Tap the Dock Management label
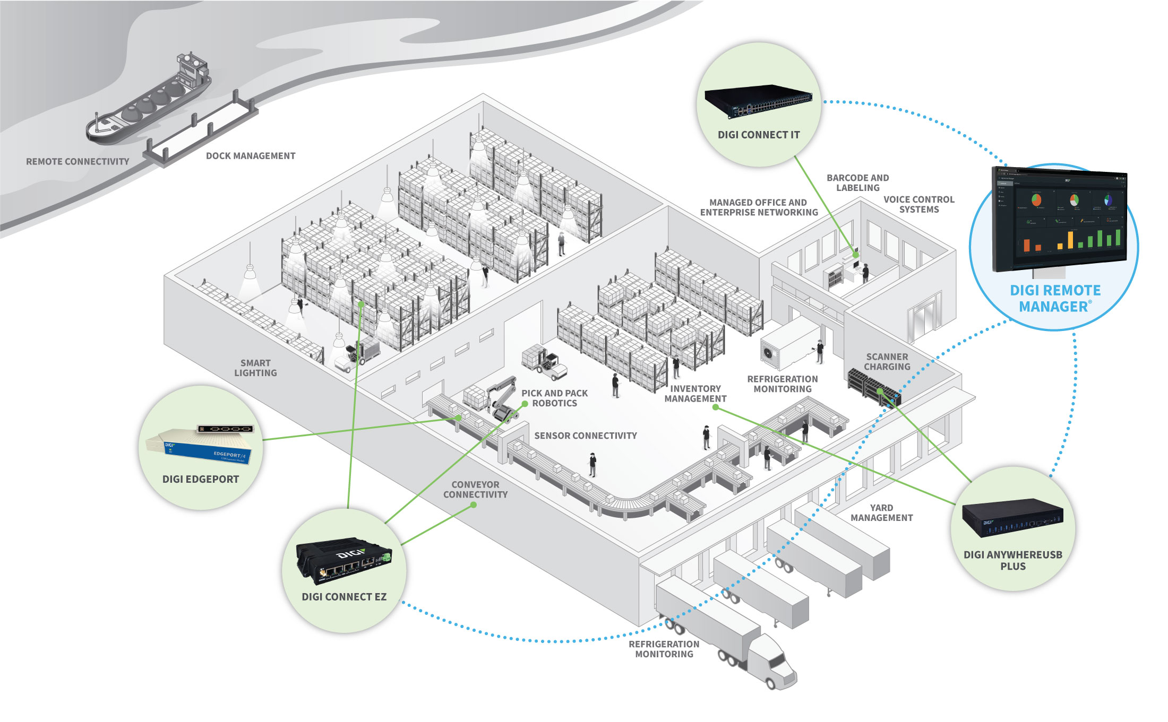pos(251,156)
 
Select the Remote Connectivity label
pos(78,162)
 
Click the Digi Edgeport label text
pos(201,480)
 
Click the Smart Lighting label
pos(255,368)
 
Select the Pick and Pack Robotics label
pos(554,398)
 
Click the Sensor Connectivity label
pos(586,436)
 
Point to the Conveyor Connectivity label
pos(475,490)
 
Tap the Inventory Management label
pos(695,394)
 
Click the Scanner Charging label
pos(887,362)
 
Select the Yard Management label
pos(881,513)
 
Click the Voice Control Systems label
pos(918,205)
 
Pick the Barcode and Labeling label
pos(857,183)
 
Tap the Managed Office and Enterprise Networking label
pos(759,207)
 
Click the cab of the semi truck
pos(775,663)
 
